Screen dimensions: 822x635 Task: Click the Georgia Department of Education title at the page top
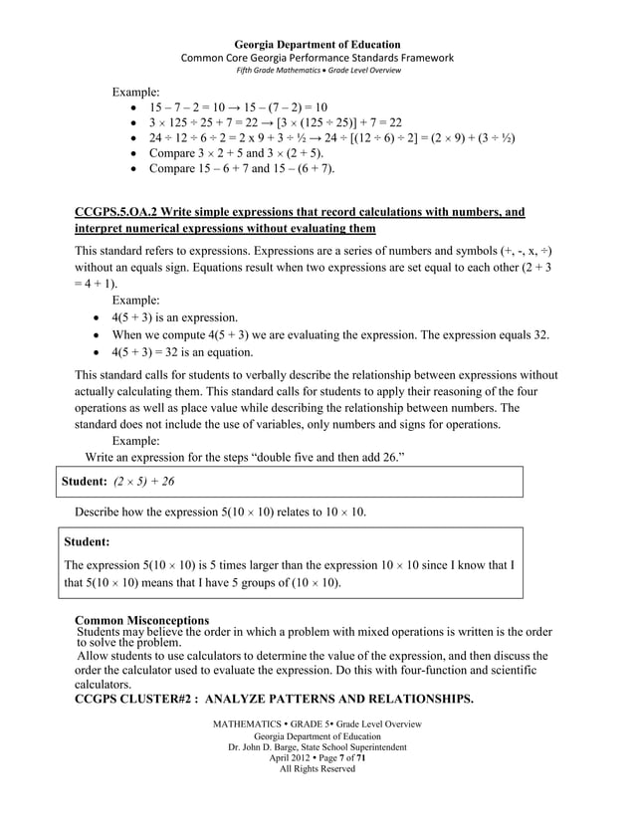[317, 45]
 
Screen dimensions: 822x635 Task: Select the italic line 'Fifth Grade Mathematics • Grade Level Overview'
[317, 73]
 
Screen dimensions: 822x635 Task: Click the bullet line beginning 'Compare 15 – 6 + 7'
[242, 169]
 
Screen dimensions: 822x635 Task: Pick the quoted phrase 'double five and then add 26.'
[319, 456]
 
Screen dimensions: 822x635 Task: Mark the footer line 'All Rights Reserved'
[317, 768]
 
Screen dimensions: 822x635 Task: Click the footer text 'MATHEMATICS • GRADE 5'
[269, 722]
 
